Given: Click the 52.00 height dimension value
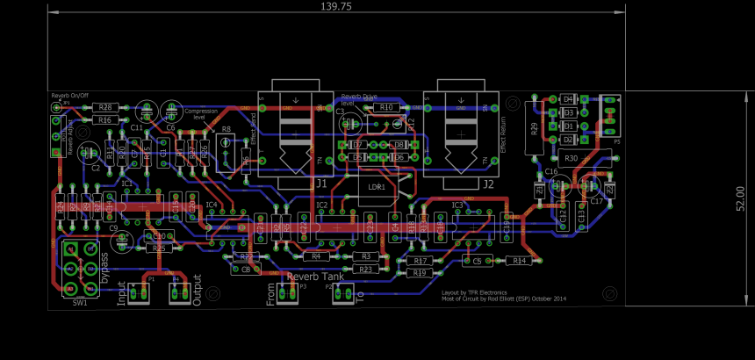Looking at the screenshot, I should click(740, 198).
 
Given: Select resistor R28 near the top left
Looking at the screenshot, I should click(105, 106).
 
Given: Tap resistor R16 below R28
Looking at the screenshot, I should click(105, 119).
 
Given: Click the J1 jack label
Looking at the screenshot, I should click(320, 184).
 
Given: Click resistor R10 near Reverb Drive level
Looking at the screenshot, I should click(385, 107).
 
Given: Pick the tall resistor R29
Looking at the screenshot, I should click(535, 129).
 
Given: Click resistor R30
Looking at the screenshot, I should click(571, 158).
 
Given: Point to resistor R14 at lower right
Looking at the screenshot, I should click(519, 261).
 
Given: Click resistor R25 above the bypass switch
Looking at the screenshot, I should click(158, 248).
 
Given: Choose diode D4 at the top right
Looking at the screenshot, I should click(567, 99).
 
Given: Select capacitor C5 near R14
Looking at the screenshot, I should click(477, 261).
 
